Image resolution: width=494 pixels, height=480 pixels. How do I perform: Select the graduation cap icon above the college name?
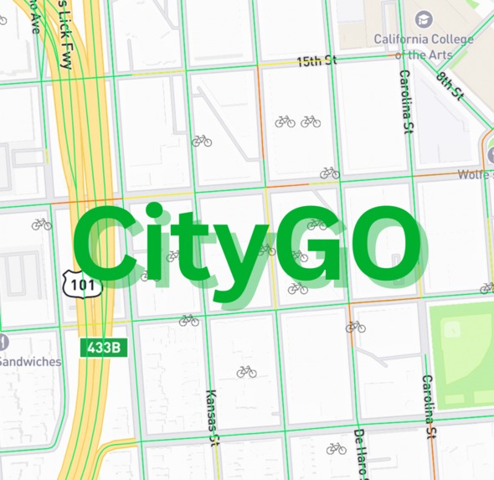[x=424, y=18]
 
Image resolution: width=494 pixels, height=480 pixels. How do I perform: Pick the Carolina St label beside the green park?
[x=428, y=406]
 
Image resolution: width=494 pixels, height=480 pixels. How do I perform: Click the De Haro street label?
[x=360, y=453]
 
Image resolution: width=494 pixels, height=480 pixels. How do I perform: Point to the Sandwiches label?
[x=31, y=362]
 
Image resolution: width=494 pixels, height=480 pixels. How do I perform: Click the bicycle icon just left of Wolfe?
[x=330, y=173]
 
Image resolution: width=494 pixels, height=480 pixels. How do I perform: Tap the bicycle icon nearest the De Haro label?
[x=337, y=449]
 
